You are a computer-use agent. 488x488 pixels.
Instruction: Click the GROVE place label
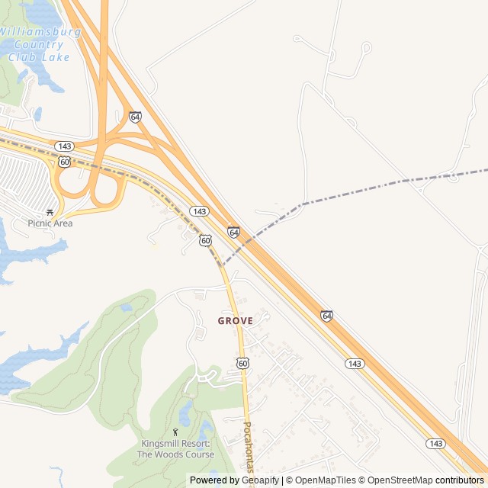pos(235,321)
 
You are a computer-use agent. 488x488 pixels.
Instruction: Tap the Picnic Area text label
pos(50,223)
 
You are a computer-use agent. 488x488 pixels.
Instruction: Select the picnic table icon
pos(50,213)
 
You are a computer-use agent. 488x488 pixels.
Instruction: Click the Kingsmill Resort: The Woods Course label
pos(175,449)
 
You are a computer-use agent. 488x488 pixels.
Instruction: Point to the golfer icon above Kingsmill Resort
pos(175,432)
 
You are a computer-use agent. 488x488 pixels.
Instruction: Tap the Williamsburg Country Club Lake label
pos(40,44)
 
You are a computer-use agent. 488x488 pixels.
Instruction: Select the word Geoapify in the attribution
pos(261,480)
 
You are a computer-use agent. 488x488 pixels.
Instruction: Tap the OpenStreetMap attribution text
pos(400,480)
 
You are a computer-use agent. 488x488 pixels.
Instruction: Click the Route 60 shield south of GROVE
pos(242,364)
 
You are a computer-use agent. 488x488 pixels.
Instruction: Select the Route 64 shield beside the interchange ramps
pos(135,117)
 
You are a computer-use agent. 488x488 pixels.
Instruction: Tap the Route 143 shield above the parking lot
pos(65,146)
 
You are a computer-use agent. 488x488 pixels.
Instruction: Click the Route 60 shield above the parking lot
pos(65,162)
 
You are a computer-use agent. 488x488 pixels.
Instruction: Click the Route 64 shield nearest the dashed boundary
pos(233,232)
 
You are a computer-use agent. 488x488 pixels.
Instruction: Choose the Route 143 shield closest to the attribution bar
pos(435,444)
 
